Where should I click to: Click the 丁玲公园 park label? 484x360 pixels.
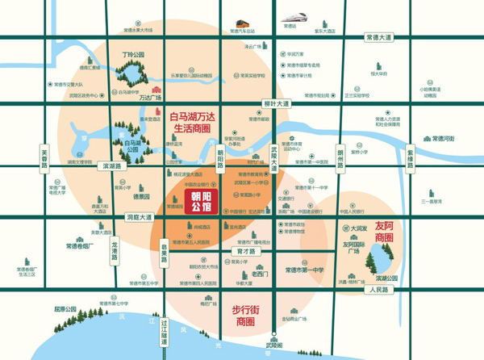pyautogui.click(x=132, y=55)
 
